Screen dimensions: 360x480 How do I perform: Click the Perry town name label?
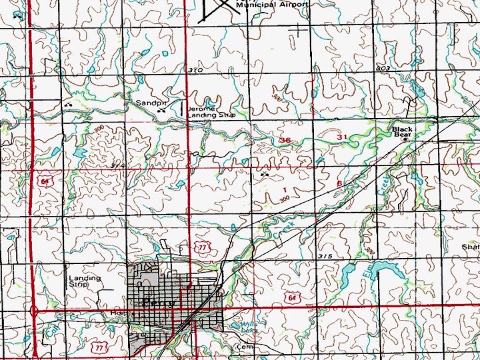point(159,302)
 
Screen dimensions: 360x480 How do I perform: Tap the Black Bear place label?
point(402,132)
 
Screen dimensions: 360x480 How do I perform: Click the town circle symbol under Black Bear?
point(405,140)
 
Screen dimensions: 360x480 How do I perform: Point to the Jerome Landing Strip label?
point(211,112)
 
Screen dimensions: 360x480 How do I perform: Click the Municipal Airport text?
point(272,5)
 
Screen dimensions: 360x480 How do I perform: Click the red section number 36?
point(285,140)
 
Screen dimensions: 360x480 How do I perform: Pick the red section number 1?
point(285,190)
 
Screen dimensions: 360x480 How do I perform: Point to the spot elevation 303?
point(383,68)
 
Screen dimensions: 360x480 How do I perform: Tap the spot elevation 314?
point(118,165)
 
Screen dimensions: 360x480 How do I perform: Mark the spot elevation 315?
point(325,256)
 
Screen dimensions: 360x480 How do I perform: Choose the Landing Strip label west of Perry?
point(84,281)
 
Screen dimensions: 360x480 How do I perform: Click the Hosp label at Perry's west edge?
point(116,313)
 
